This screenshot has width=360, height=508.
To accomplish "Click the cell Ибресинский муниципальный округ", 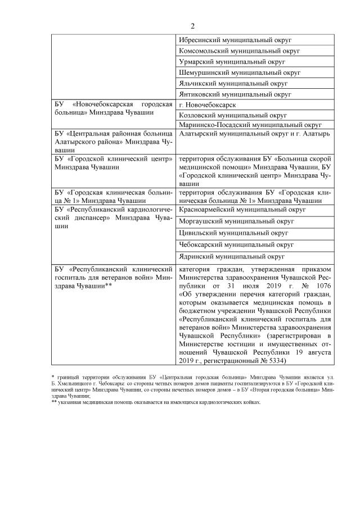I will coord(238,40).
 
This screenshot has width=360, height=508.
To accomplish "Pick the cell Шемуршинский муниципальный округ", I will coord(239,72).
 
